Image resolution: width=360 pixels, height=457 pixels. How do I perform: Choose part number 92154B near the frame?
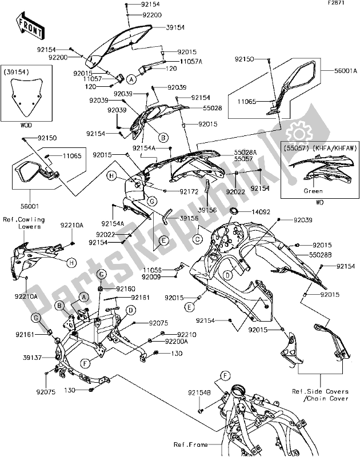click(x=199, y=392)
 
